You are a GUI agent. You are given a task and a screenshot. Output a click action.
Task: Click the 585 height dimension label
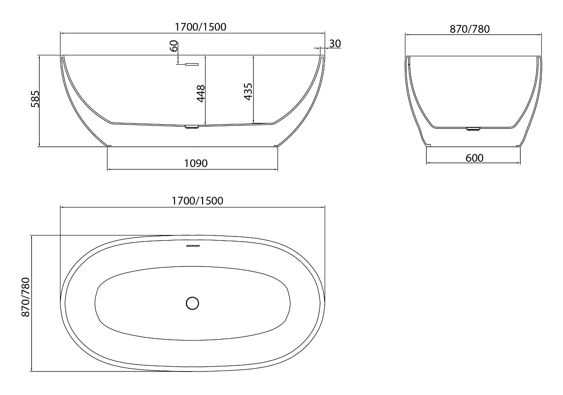coord(36,99)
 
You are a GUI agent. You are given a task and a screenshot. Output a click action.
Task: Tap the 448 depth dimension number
coord(201,94)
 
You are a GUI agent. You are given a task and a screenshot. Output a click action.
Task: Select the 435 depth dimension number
coord(248,92)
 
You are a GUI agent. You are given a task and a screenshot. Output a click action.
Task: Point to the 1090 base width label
coord(196,163)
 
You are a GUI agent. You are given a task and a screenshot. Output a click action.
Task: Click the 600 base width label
coord(474,158)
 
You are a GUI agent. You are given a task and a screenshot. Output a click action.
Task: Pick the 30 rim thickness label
coord(335,44)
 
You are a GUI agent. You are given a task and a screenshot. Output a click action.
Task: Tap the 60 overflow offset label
coord(174,46)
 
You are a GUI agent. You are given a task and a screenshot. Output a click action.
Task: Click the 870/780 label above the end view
coord(470,29)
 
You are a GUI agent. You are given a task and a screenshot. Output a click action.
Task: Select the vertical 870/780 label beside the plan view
coord(26,297)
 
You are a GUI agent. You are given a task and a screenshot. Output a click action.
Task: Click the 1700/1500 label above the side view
coord(200,27)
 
